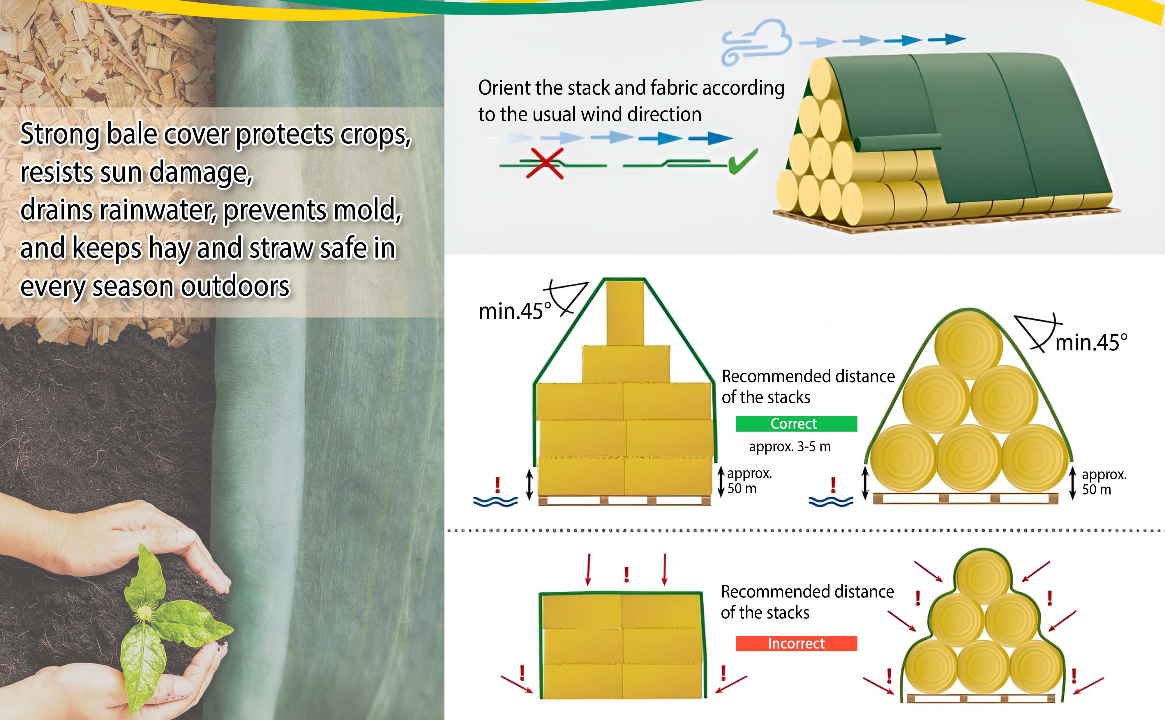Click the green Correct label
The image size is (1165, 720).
796,424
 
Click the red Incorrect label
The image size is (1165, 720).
796,643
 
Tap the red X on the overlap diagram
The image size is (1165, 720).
545,163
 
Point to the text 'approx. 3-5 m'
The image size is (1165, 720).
790,447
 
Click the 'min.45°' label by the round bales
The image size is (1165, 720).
1091,342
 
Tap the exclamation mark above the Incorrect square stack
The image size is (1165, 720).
626,574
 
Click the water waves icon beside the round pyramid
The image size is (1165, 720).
831,501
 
